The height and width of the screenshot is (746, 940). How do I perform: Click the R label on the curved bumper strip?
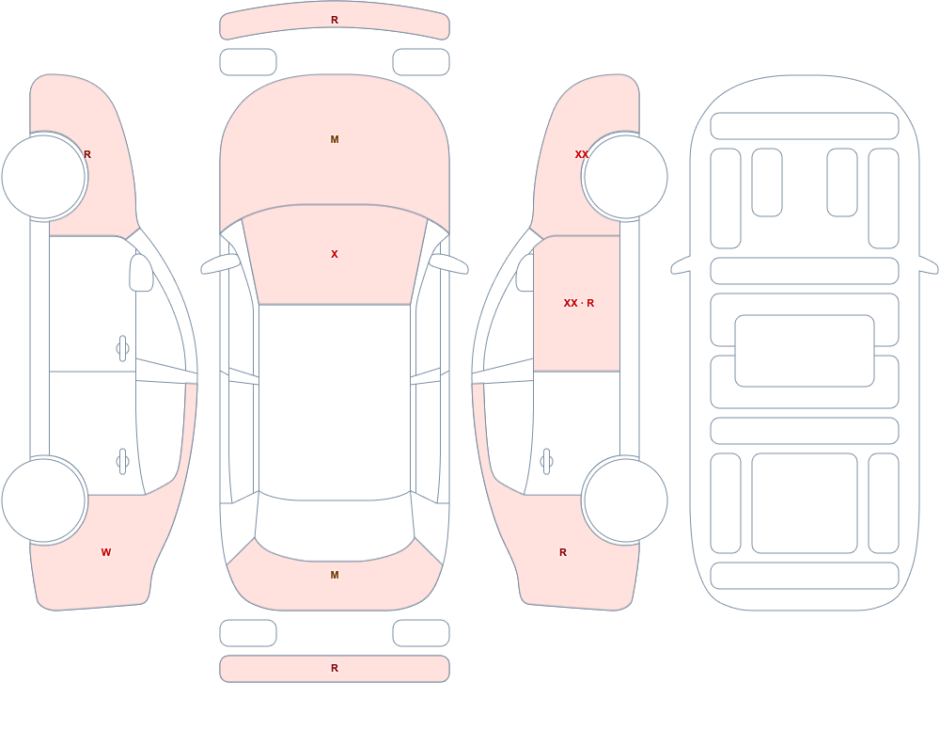[335, 20]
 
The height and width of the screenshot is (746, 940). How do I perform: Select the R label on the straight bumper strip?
[335, 668]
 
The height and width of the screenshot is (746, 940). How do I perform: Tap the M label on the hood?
[335, 139]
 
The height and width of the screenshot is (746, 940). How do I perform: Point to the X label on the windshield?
[335, 254]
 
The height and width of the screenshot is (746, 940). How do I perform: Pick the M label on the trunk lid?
[335, 575]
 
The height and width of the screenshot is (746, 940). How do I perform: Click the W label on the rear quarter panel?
[106, 552]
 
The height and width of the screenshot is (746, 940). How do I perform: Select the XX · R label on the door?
[578, 303]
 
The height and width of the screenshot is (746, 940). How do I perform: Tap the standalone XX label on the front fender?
[582, 154]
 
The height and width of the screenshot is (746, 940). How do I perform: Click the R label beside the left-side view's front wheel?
[87, 154]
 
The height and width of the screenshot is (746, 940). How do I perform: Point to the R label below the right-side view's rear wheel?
[563, 552]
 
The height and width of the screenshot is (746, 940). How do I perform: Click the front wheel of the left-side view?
[44, 177]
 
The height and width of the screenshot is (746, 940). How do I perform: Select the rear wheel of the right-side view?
[625, 500]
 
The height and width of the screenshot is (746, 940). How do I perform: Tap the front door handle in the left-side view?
[122, 348]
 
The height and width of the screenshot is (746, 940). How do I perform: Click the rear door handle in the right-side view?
[546, 462]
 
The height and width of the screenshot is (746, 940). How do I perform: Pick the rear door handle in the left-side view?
[122, 462]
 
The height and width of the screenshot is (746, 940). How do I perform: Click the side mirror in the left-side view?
[141, 273]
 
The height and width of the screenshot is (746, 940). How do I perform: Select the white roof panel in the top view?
[335, 402]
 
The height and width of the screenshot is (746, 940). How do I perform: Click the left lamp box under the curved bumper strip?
[248, 62]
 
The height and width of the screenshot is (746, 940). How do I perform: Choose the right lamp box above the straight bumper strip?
[421, 633]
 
